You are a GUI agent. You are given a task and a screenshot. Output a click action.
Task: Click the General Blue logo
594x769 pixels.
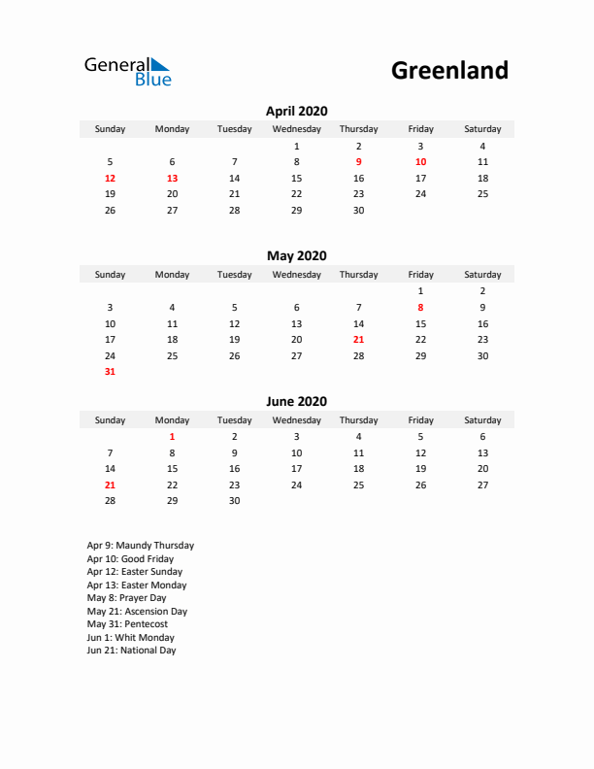[x=127, y=71]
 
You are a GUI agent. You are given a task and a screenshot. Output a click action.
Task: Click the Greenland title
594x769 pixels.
[x=449, y=70]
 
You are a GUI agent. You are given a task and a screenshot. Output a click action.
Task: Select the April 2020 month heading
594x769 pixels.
[x=296, y=111]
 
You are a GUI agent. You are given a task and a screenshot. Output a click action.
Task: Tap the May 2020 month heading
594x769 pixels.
[x=296, y=256]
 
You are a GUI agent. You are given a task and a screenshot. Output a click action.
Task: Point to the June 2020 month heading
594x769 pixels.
[x=296, y=402]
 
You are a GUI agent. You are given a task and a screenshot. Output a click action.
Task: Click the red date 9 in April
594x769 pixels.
[x=358, y=162]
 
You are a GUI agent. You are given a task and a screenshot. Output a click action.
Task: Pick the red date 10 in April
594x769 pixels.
[x=420, y=162]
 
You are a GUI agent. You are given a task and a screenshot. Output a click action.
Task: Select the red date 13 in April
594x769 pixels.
[x=172, y=179]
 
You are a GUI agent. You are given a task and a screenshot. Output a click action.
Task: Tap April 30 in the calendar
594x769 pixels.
[x=358, y=211]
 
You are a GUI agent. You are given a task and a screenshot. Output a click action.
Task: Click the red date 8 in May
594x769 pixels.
[x=420, y=308]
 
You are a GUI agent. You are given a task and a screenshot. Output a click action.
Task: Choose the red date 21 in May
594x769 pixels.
[x=358, y=340]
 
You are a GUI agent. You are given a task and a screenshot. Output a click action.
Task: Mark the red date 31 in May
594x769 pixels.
[x=110, y=372]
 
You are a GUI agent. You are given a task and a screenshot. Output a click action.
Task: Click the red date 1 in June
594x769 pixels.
[x=172, y=437]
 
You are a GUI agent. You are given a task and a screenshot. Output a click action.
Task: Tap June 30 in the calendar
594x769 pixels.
[x=234, y=501]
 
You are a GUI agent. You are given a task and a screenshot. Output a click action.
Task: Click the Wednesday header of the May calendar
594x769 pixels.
[x=296, y=275]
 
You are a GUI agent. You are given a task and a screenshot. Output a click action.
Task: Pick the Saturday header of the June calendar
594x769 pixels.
[x=482, y=420]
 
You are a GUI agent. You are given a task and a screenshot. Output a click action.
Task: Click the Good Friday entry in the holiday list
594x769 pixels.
[x=130, y=559]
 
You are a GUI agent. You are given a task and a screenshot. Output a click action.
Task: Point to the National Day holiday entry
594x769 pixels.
[x=131, y=651]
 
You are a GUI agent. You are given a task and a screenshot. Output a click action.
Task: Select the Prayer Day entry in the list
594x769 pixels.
[x=126, y=598]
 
